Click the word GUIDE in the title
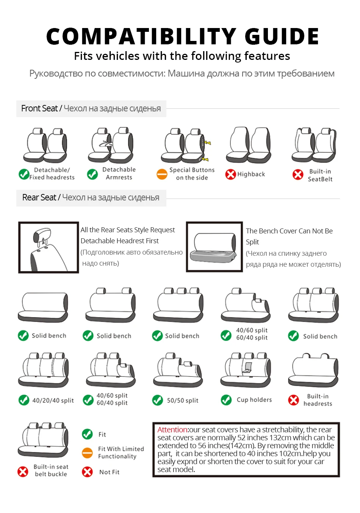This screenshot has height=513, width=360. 282,36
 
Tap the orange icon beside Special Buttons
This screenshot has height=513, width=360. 162,174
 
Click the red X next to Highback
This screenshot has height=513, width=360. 230,174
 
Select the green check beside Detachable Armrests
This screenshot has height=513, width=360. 92,174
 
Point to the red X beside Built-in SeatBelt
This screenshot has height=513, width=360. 298,174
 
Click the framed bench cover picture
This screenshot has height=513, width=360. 214,247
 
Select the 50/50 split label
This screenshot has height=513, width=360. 183,400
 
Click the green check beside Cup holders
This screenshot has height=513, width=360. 226,400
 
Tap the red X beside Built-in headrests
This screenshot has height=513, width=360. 293,400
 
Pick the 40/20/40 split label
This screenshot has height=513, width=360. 53,400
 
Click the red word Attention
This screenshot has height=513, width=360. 172,430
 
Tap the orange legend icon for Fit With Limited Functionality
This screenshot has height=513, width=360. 87,453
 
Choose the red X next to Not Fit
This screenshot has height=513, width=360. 87,472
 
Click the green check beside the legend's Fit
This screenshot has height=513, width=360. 87,434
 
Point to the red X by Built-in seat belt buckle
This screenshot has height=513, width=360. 23,471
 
